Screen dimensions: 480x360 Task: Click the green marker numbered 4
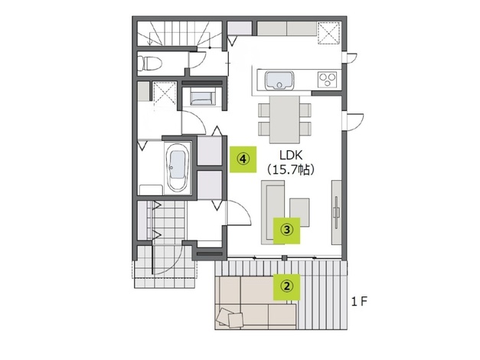coord(243,159)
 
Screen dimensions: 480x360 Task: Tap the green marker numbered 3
coord(287,231)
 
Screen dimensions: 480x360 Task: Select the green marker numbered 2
coord(287,286)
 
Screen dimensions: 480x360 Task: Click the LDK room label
coord(291,155)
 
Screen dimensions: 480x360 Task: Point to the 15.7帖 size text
coord(290,169)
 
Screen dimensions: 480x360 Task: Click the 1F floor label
coord(359,302)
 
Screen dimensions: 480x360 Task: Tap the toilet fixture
coord(149,64)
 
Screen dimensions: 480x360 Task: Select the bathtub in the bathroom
coord(178,168)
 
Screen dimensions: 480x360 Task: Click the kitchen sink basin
coord(279,80)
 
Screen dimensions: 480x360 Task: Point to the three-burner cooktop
coord(328,80)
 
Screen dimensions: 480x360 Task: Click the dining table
coord(284,119)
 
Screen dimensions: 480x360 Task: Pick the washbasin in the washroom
coord(201,97)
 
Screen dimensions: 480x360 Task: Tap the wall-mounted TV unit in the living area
coord(336,212)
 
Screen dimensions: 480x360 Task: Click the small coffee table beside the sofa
coord(299,212)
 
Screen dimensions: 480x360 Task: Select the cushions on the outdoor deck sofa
coord(230,318)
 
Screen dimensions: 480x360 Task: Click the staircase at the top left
coord(179,34)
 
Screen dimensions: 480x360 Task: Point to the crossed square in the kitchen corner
coord(328,33)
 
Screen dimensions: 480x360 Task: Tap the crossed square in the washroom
coord(165,92)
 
